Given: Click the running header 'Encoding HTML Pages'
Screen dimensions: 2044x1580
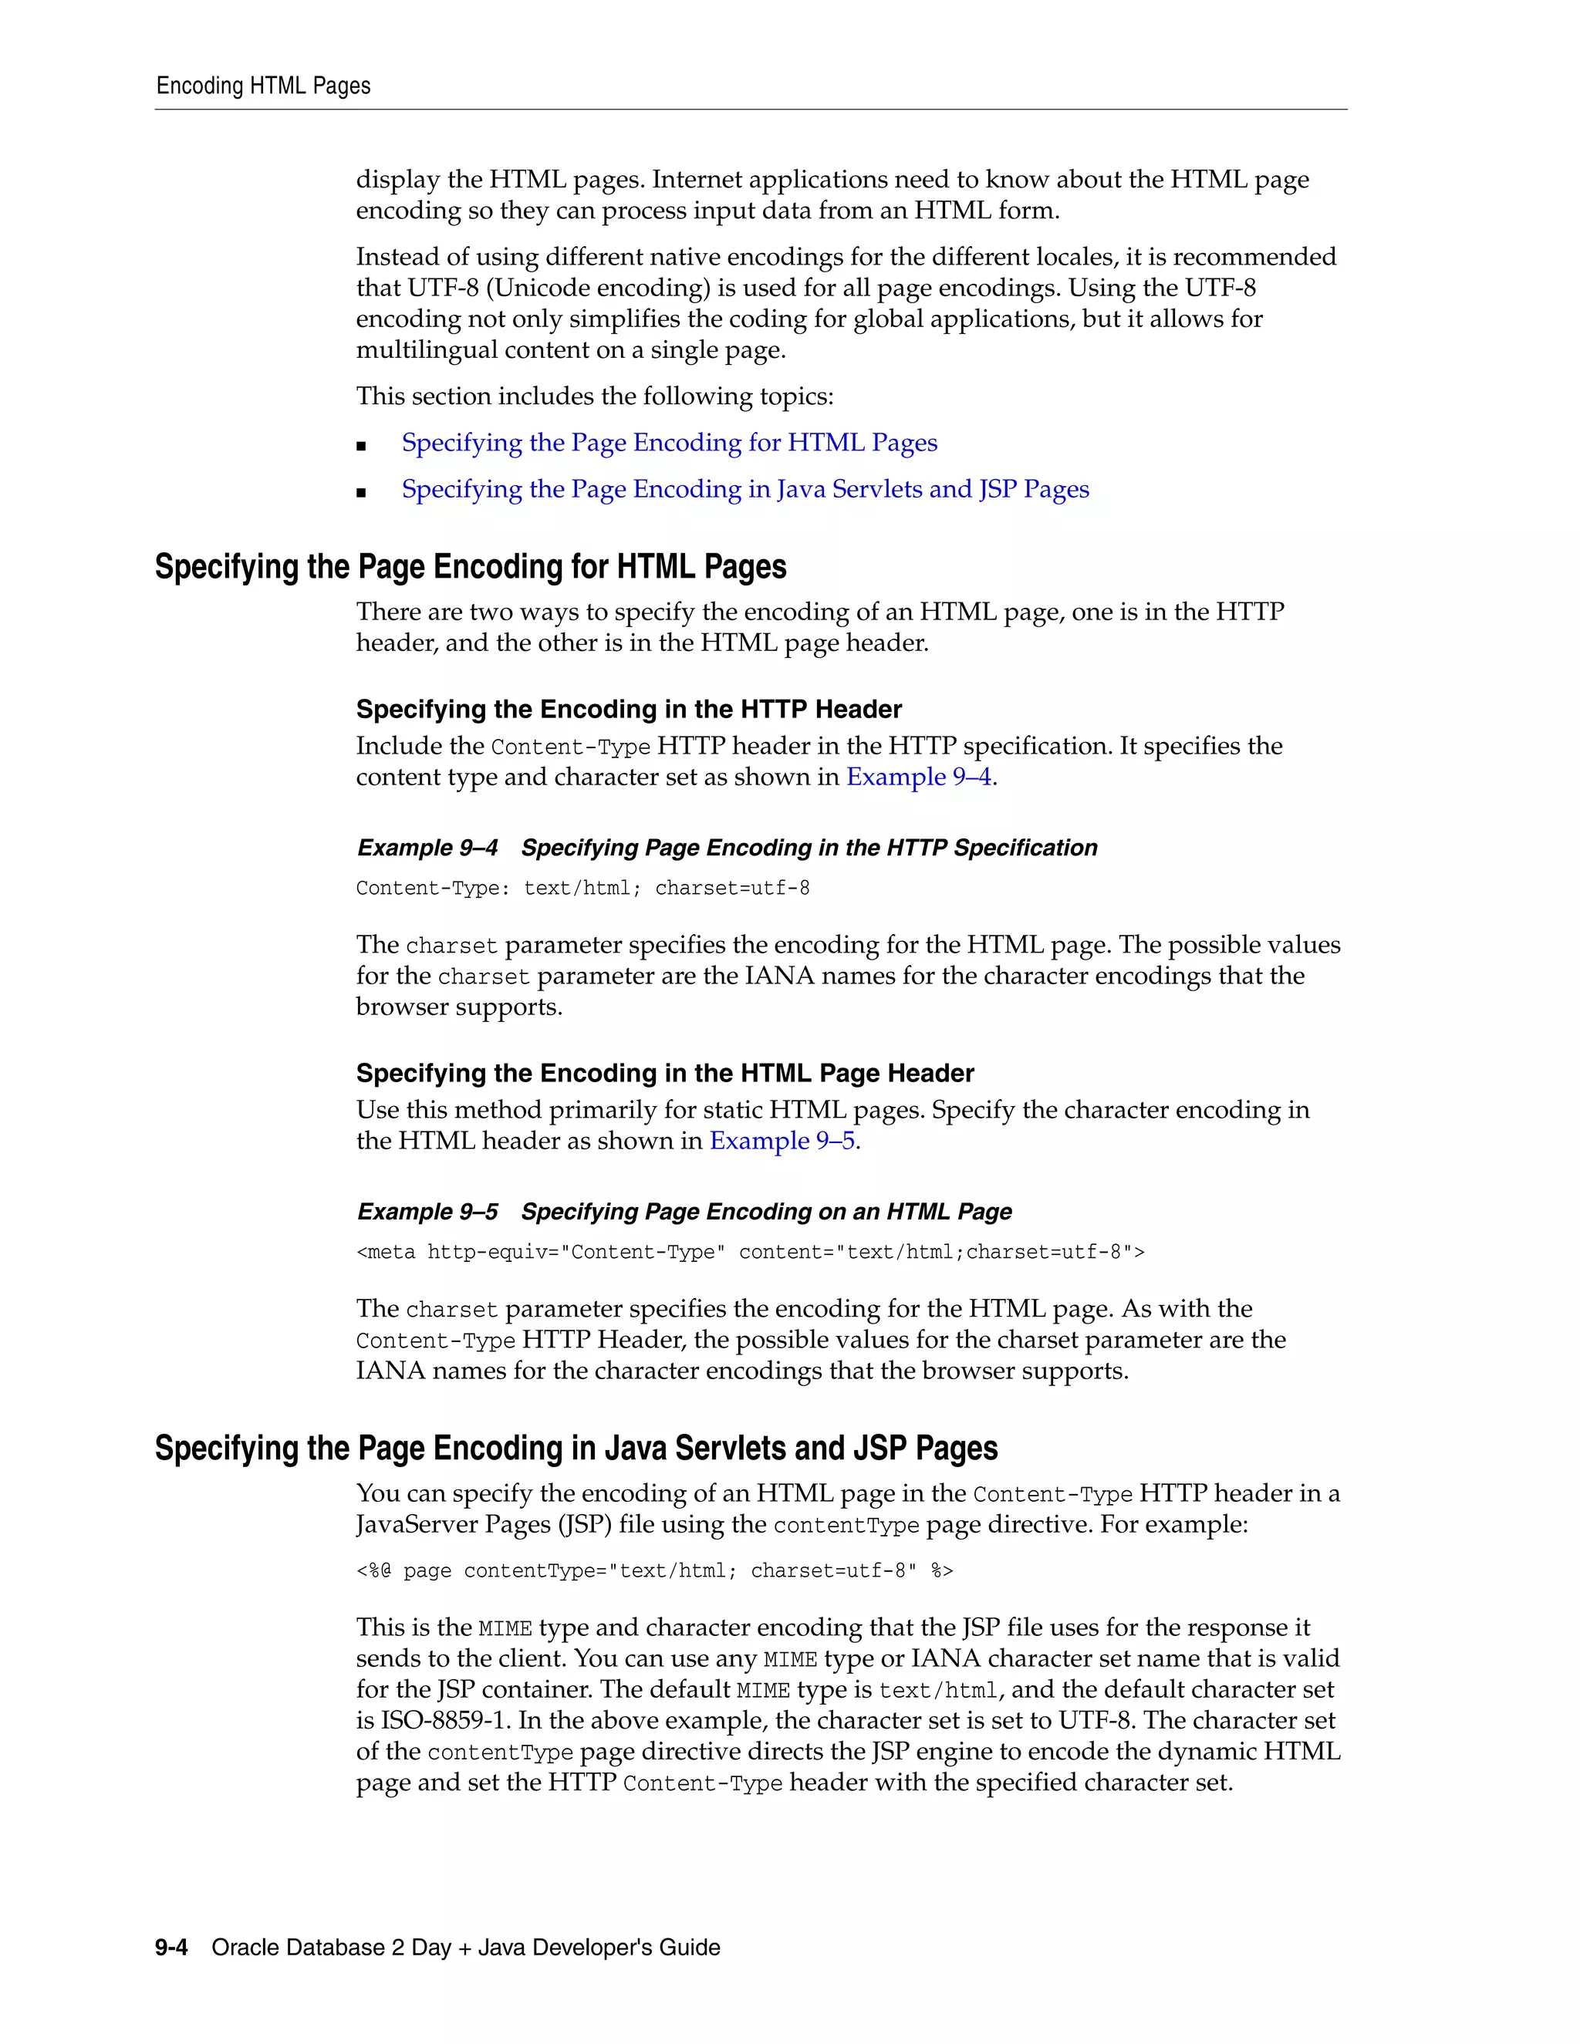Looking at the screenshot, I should pyautogui.click(x=263, y=86).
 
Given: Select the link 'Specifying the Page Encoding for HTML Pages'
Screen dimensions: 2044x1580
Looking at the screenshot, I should pyautogui.click(x=669, y=443).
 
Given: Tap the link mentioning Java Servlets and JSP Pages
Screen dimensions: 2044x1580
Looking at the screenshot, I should pyautogui.click(x=745, y=490).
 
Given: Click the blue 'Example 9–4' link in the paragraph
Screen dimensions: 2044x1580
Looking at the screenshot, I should pyautogui.click(x=918, y=777).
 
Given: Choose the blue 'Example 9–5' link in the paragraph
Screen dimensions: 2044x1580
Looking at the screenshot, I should pyautogui.click(x=782, y=1142).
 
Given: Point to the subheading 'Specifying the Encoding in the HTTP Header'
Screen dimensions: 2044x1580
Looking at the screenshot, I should pyautogui.click(x=628, y=710).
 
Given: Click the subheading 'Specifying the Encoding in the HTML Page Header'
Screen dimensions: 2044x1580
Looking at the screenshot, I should pyautogui.click(x=664, y=1074).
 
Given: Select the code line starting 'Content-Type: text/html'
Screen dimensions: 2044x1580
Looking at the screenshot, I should pyautogui.click(x=582, y=888).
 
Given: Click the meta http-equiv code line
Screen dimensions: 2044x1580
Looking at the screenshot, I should pyautogui.click(x=750, y=1252).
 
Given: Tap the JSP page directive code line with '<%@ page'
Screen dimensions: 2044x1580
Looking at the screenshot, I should pyautogui.click(x=654, y=1571).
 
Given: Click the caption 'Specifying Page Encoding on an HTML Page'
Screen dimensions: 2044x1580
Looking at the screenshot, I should pyautogui.click(x=765, y=1212).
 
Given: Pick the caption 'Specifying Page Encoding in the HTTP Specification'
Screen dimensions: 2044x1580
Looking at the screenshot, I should pyautogui.click(x=809, y=848).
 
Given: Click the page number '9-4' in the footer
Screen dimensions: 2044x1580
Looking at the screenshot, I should pyautogui.click(x=171, y=1948).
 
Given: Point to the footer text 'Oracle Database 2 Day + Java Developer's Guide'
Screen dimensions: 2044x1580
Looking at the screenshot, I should pyautogui.click(x=465, y=1948).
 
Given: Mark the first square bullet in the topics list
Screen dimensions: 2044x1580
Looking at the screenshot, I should pyautogui.click(x=361, y=447).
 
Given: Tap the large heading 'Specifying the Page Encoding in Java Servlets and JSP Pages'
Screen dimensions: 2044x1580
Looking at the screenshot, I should pyautogui.click(x=576, y=1448).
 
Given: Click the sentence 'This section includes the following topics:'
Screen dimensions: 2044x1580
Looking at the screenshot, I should pyautogui.click(x=594, y=396).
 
